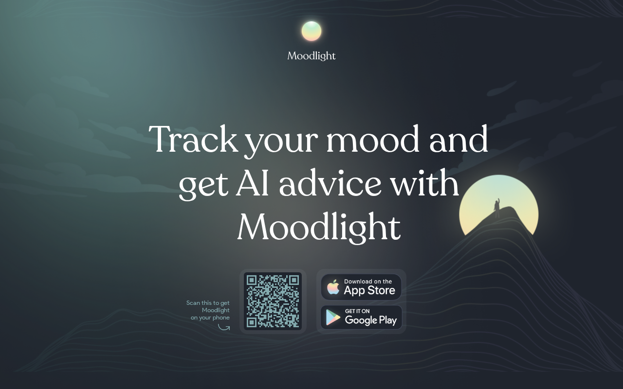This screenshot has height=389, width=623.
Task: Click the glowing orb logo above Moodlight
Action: (311, 31)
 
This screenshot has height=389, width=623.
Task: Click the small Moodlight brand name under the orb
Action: (311, 56)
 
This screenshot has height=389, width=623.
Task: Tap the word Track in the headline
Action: (194, 139)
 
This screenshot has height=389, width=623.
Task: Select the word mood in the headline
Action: (373, 139)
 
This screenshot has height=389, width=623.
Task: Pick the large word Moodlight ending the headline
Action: (319, 227)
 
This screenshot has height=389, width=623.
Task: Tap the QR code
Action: (273, 301)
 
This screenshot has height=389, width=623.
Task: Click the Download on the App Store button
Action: (361, 287)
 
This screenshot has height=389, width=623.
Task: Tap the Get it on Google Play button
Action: (361, 318)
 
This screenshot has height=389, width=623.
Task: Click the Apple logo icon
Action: (333, 287)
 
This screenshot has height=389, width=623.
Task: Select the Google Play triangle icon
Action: (333, 317)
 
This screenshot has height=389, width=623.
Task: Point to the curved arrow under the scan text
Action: (223, 328)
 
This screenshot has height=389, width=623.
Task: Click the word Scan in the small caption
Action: (193, 303)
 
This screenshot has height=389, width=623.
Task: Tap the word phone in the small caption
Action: (221, 318)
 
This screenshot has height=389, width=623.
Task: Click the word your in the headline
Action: (281, 141)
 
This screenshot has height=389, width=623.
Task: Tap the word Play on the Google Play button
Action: (388, 320)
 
